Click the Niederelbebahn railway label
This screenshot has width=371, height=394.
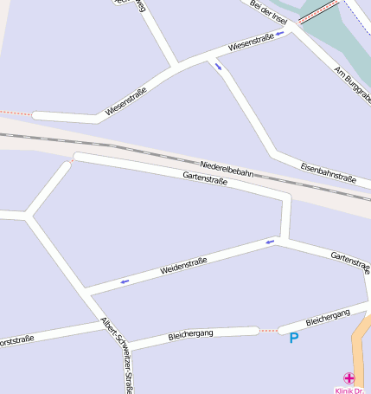(227, 169)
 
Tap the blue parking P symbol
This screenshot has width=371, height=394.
(293, 338)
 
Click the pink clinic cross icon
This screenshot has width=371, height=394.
(349, 378)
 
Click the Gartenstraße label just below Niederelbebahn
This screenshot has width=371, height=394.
(205, 179)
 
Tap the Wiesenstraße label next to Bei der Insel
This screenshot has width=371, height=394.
(251, 42)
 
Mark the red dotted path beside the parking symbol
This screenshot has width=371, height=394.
(269, 330)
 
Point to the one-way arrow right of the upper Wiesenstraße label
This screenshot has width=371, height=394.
(279, 34)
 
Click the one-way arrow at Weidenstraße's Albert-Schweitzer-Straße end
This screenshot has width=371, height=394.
(125, 281)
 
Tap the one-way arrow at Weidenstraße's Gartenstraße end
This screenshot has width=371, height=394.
(270, 242)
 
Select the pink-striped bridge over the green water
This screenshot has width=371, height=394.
(318, 11)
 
